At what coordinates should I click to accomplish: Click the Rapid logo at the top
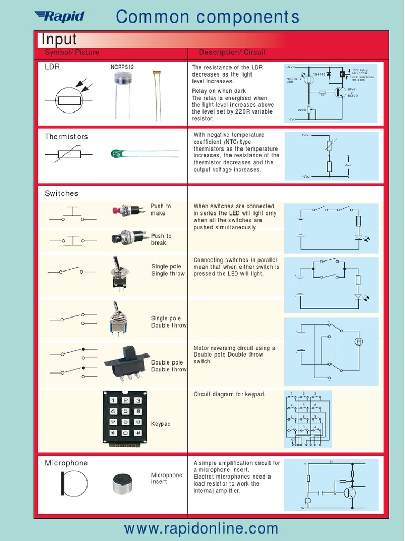[x=59, y=16]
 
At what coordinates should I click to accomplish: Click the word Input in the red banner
[x=59, y=39]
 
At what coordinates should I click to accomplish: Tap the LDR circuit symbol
[x=70, y=100]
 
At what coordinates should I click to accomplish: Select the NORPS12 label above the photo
[x=122, y=68]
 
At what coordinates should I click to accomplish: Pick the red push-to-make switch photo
[x=128, y=210]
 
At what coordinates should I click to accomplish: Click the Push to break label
[x=161, y=239]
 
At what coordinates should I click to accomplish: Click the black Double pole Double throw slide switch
[x=127, y=362]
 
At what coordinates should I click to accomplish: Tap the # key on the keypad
[x=138, y=433]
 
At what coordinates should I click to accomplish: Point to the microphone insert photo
[x=127, y=483]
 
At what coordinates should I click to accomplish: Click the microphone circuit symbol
[x=74, y=483]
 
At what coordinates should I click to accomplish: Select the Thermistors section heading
[x=66, y=137]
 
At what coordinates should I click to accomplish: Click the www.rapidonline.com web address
[x=201, y=528]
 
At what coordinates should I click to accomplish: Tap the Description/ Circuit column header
[x=233, y=52]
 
